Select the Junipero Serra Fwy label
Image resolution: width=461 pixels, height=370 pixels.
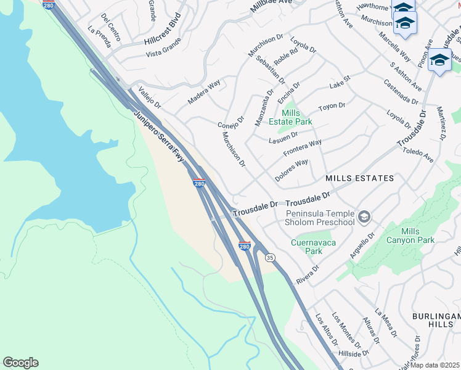coord(159,137)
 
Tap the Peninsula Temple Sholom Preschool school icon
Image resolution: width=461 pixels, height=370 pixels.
coord(364,216)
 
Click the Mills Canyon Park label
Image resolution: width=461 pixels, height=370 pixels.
coord(409,236)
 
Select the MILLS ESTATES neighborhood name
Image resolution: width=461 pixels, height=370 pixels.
coord(359,178)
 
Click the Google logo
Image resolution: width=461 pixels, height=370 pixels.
coord(20,363)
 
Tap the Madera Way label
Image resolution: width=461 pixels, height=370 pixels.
coord(204,92)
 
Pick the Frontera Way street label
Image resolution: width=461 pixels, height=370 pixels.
coord(302,148)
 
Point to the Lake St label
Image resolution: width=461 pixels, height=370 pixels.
coord(340,81)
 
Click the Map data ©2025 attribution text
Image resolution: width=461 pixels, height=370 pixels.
coord(435,365)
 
